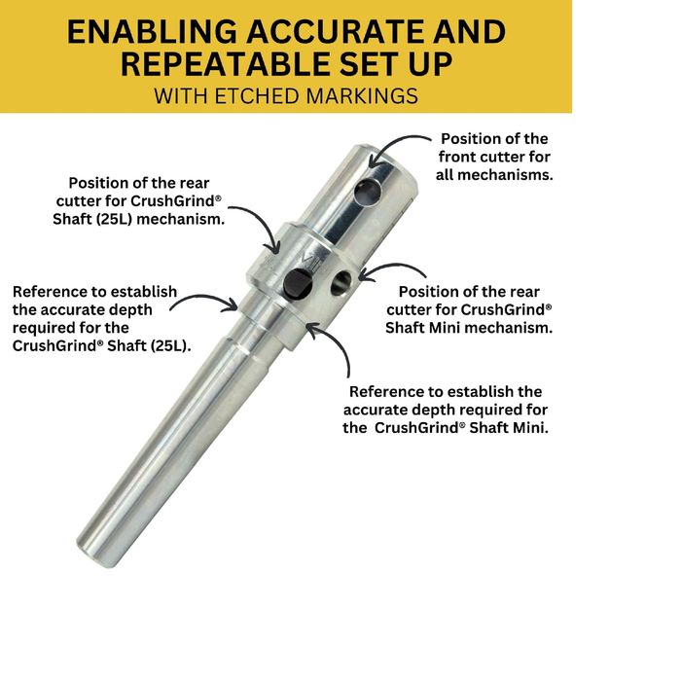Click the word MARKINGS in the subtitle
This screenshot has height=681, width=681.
362,96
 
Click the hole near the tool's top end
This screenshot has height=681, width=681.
368,193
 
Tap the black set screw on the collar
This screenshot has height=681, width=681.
298,284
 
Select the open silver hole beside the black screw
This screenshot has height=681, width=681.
341,283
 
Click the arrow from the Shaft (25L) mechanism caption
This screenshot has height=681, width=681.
260,223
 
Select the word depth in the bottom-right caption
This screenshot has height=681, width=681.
433,410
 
